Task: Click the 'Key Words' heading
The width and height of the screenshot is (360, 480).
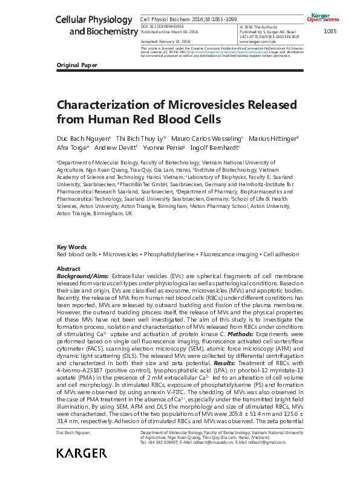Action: pyautogui.click(x=71, y=248)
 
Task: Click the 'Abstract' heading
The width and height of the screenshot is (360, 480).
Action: pyautogui.click(x=68, y=268)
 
